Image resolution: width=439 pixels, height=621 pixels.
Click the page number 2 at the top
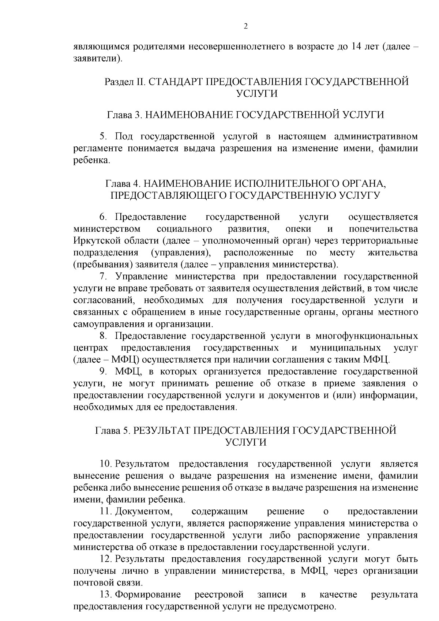tap(245, 26)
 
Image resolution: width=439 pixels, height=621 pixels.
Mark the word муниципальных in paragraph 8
tap(345, 348)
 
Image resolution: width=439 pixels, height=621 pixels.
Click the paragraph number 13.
tap(105, 595)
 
